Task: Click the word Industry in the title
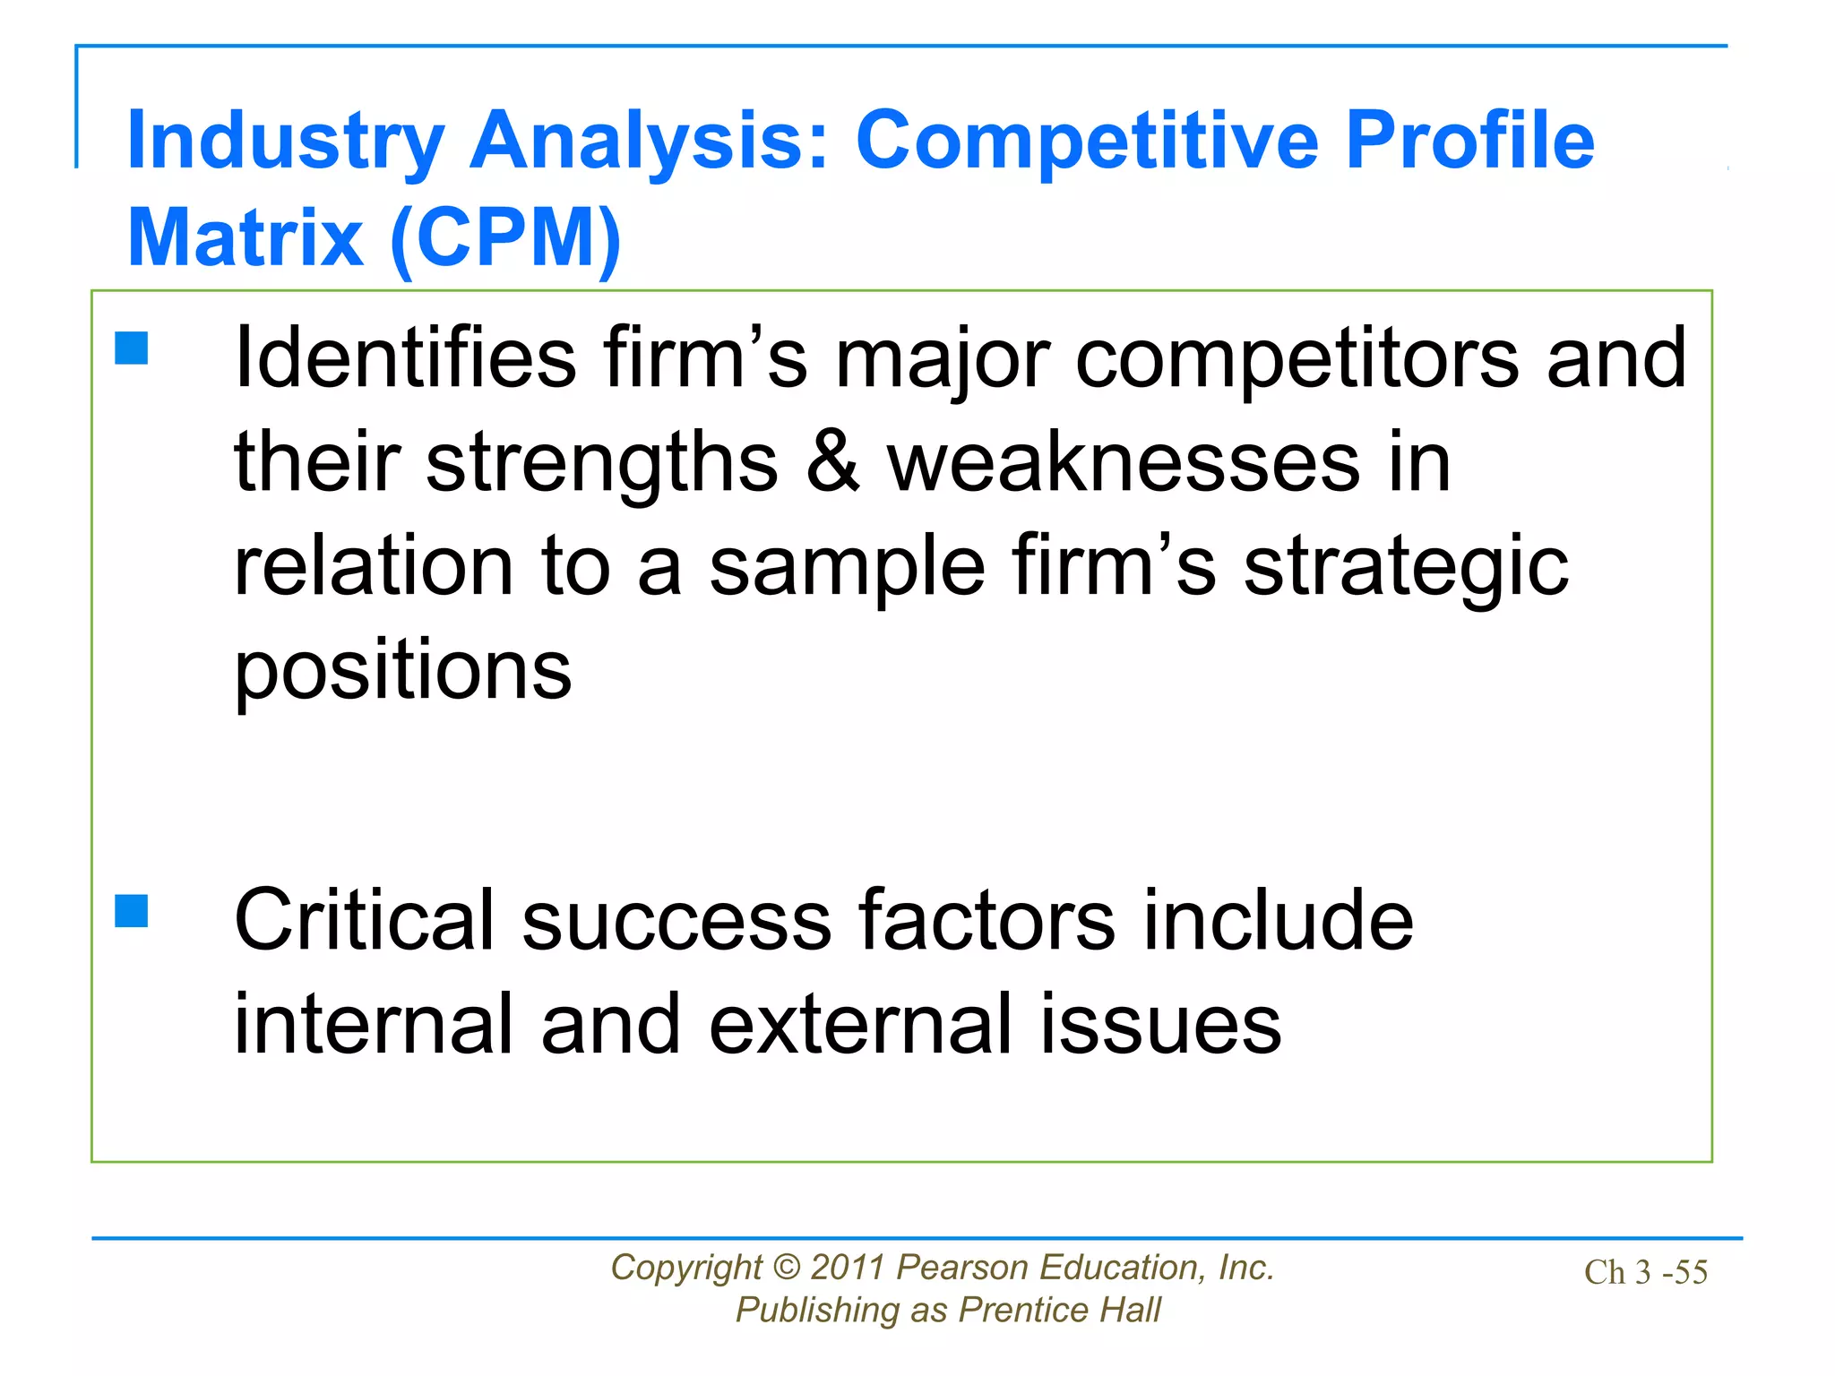pos(285,142)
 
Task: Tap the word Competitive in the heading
pos(1087,140)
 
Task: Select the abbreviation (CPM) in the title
pos(505,237)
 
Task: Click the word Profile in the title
pos(1469,140)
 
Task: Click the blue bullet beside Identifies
pos(132,348)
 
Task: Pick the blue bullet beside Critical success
pos(132,911)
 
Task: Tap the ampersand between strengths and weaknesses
pos(832,463)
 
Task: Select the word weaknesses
pos(1124,463)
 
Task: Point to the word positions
pos(402,672)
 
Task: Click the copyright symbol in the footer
pos(786,1268)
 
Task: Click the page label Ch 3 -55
pos(1645,1272)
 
